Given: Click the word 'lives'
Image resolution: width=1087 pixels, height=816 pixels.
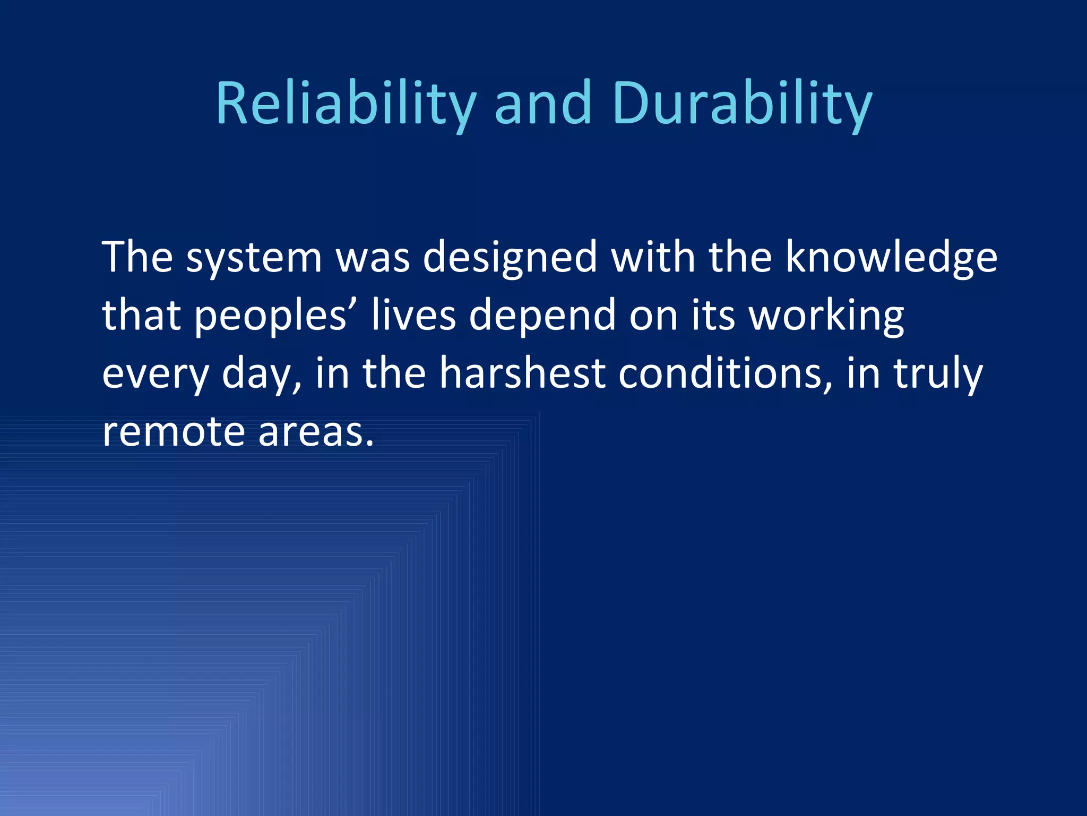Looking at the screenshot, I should click(x=414, y=315).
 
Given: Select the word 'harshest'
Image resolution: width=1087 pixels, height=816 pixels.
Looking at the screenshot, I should click(x=522, y=373).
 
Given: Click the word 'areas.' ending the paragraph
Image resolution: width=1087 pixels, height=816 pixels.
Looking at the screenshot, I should click(x=316, y=432).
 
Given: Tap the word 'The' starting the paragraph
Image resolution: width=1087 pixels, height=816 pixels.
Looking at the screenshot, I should click(x=137, y=257).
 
